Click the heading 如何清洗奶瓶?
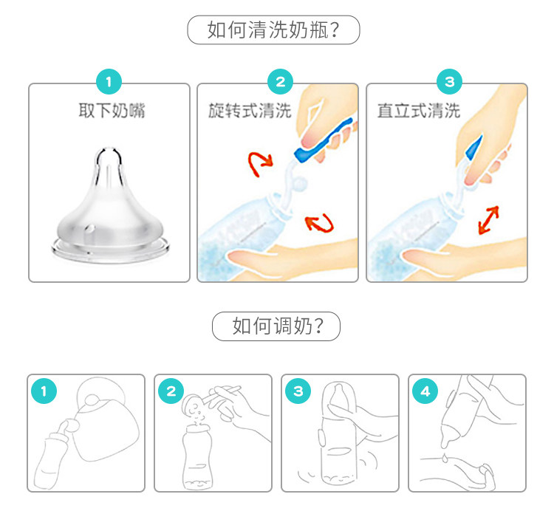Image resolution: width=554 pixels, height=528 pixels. pyautogui.click(x=273, y=30)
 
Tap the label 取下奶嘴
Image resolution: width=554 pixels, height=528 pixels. pyautogui.click(x=112, y=111)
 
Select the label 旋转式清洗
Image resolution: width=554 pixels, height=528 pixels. pyautogui.click(x=250, y=111)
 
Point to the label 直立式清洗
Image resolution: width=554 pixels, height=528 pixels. pyautogui.click(x=419, y=111)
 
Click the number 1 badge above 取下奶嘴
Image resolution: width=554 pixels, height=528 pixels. pyautogui.click(x=109, y=82)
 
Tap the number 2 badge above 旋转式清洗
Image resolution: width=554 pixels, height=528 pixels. pyautogui.click(x=280, y=82)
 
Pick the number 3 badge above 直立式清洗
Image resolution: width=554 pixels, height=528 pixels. pyautogui.click(x=449, y=82)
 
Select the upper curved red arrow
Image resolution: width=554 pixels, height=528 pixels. pyautogui.click(x=260, y=164)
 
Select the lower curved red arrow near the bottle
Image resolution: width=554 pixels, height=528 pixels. pyautogui.click(x=320, y=223)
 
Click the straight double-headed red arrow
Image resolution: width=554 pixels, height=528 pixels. pyautogui.click(x=488, y=220)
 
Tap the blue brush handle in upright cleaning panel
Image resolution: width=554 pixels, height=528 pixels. pyautogui.click(x=473, y=147)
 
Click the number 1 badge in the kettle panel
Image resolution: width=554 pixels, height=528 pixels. pyautogui.click(x=44, y=391)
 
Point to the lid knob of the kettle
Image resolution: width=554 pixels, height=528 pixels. pyautogui.click(x=92, y=400)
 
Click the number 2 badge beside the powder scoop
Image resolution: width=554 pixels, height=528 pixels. pyautogui.click(x=171, y=391)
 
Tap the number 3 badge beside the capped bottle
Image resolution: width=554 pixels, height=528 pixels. pyautogui.click(x=298, y=391)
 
